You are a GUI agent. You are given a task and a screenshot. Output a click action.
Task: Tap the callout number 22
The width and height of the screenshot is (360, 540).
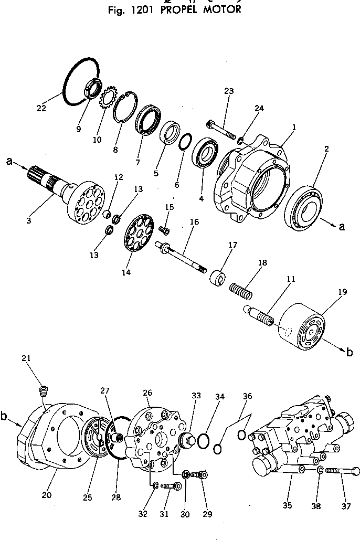click(x=41, y=108)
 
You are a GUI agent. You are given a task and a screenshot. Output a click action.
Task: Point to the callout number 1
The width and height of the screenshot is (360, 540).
click(x=294, y=127)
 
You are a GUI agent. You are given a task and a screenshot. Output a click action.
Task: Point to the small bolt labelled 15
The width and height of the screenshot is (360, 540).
click(x=163, y=228)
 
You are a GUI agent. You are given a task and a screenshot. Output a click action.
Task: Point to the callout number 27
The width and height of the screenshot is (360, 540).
click(x=105, y=390)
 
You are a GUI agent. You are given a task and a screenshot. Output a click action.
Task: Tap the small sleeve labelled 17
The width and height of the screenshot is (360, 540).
click(x=218, y=277)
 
